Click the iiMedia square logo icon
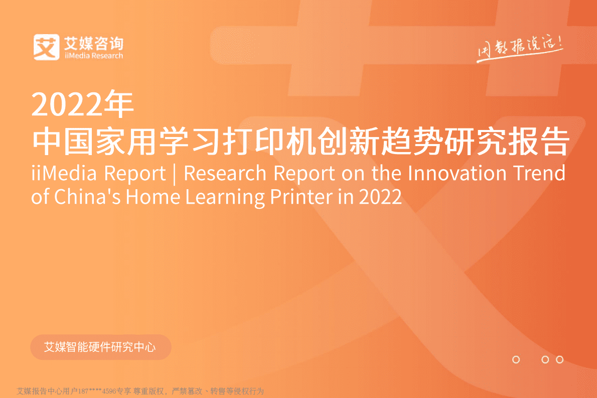coord(47,46)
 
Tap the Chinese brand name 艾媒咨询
coord(94,42)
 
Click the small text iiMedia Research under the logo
coord(94,56)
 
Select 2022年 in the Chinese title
coord(83,104)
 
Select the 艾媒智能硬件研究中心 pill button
coord(100,347)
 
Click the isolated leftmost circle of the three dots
coord(516,359)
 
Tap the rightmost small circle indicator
coord(560,359)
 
